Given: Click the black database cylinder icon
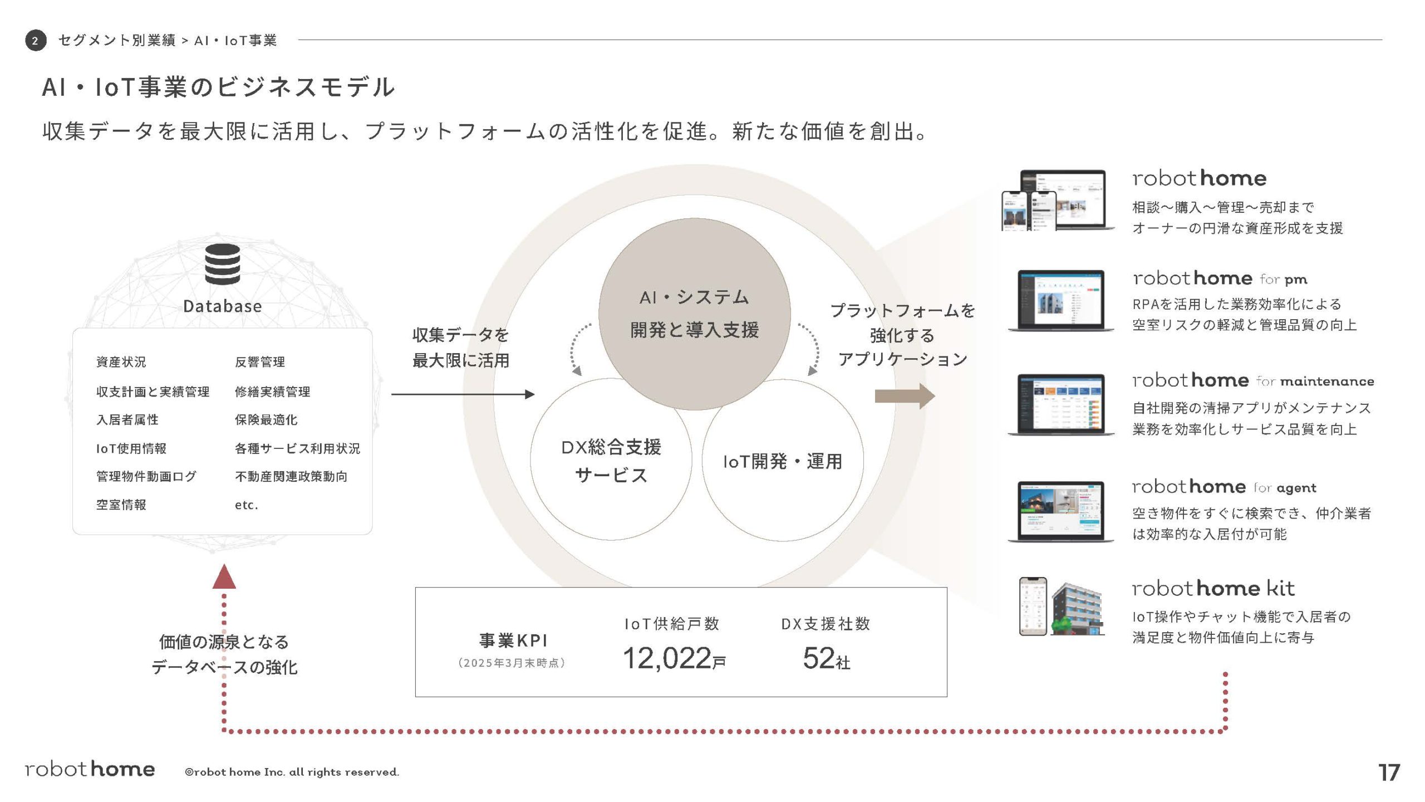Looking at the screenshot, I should [222, 264].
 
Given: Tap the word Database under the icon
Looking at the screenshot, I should [222, 306].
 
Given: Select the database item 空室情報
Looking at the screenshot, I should [121, 505].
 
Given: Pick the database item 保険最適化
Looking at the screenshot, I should [266, 419].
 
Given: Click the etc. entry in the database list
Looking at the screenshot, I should [246, 505].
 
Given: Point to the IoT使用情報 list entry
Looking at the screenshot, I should [131, 448].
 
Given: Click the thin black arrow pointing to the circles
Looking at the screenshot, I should [462, 394].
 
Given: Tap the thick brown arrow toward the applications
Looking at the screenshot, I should [905, 396].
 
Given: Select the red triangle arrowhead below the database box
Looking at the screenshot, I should [224, 577].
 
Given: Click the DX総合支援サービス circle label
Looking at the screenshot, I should [611, 461].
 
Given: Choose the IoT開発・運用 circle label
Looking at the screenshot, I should [782, 461].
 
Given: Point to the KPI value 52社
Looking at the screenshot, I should [826, 658].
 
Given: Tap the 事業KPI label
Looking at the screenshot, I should [513, 640].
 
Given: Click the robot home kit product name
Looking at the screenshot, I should [1213, 589].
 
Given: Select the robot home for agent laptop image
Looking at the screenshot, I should [1061, 511].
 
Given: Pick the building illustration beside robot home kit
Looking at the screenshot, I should [1077, 609].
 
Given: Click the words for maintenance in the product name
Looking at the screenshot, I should [1315, 382].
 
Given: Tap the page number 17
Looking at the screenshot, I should [1389, 772].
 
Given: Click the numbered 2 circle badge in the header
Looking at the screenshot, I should [36, 41].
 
